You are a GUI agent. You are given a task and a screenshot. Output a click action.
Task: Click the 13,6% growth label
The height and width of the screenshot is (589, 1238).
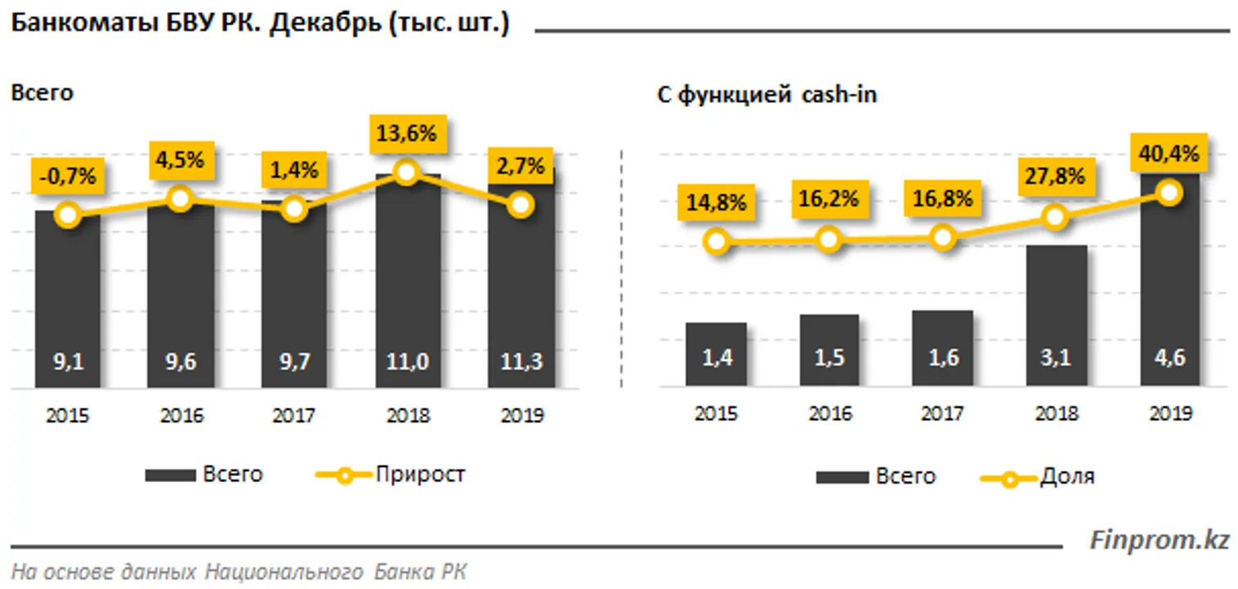406,133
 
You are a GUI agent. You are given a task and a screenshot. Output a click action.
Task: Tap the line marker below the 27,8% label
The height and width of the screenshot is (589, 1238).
1056,216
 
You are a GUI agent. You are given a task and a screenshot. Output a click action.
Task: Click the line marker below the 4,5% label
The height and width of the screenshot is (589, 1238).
181,198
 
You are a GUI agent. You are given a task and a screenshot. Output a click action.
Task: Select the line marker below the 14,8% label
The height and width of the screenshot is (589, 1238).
717,241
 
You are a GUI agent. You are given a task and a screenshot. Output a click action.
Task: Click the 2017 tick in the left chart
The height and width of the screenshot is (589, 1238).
293,415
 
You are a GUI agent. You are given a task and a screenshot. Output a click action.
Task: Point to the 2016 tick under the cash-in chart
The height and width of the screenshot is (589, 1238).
829,413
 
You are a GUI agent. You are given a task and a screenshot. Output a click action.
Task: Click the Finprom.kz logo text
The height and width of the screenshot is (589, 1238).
1159,540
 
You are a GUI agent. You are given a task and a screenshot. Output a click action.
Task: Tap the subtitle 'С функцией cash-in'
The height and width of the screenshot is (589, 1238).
766,95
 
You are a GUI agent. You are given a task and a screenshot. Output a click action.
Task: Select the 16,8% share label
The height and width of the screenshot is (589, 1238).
942,199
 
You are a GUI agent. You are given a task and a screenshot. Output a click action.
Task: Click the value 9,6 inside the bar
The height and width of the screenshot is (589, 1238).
181,362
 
